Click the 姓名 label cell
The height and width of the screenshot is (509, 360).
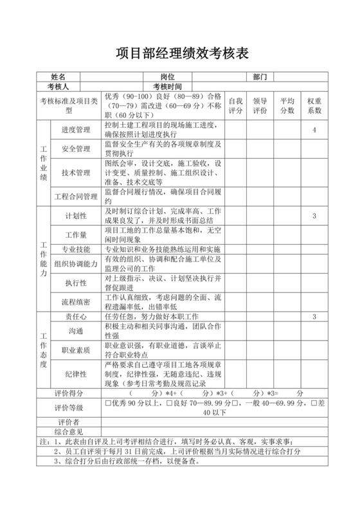tap(59, 77)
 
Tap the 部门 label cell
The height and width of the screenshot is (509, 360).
tap(260, 77)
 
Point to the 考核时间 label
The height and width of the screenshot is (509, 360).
tap(167, 86)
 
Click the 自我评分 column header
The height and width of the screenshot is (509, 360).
tap(236, 105)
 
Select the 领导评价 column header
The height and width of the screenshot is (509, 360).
tap(260, 105)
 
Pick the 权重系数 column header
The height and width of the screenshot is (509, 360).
tap(314, 105)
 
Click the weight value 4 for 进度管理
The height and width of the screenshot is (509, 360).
tap(314, 130)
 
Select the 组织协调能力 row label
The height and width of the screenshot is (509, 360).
tap(76, 264)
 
